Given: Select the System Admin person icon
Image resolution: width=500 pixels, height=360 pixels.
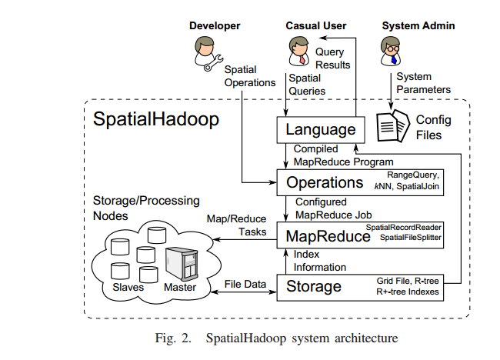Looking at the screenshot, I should pyautogui.click(x=390, y=52).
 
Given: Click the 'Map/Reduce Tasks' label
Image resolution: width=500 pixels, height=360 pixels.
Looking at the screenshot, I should pyautogui.click(x=236, y=225).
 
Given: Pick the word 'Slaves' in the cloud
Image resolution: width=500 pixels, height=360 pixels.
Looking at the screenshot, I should pyautogui.click(x=129, y=288).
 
